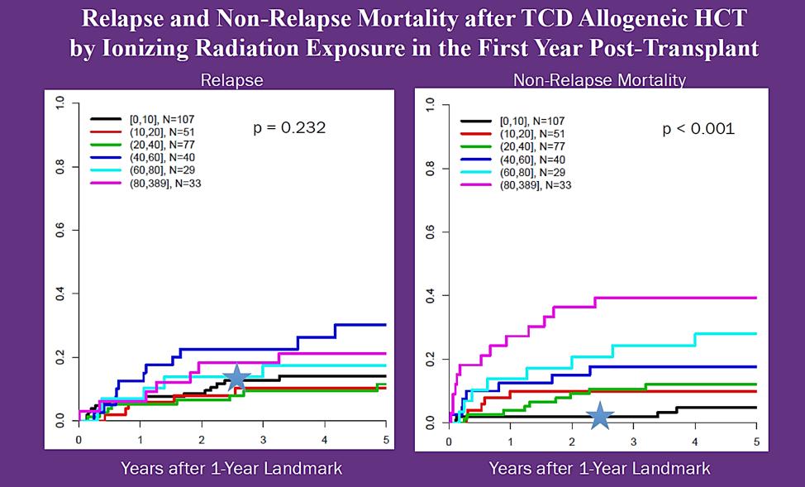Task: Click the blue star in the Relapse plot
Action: tap(236, 377)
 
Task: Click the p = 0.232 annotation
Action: tap(288, 128)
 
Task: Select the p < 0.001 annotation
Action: tap(698, 129)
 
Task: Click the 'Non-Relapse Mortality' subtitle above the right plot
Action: tap(599, 80)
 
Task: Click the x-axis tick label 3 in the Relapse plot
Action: tap(263, 439)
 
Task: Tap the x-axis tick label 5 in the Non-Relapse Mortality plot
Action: tap(755, 439)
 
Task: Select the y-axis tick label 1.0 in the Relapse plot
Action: tap(60, 103)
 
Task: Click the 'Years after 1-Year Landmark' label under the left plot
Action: tap(231, 469)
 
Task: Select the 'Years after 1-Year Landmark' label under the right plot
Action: tap(599, 469)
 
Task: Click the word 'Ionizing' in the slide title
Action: tap(148, 48)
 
